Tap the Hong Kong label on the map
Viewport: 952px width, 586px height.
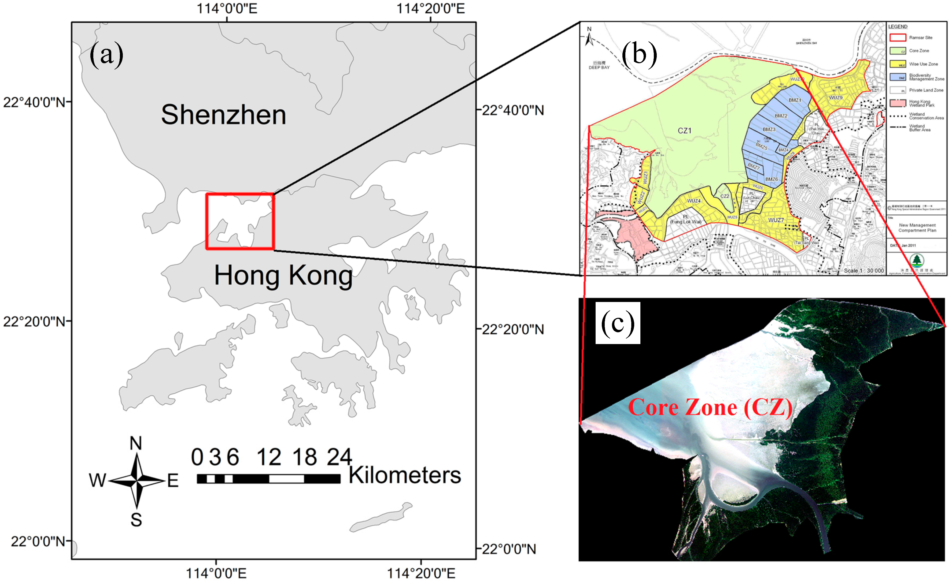283,275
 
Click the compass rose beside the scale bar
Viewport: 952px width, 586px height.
136,481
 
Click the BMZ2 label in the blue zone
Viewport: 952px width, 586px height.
781,116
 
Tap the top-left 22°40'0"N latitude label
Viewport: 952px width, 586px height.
34,103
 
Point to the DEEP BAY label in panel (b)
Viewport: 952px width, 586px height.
599,68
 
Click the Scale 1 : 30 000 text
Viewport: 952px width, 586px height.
864,271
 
